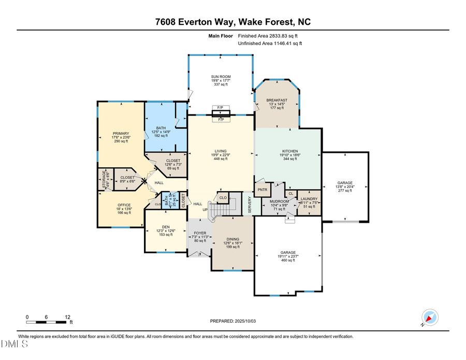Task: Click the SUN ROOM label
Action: pyautogui.click(x=221, y=77)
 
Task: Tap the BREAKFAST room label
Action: pyautogui.click(x=276, y=100)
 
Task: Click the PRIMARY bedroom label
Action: pyautogui.click(x=121, y=133)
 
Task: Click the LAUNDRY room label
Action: pyautogui.click(x=309, y=198)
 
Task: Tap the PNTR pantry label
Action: pyautogui.click(x=262, y=190)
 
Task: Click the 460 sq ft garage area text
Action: pyautogui.click(x=288, y=260)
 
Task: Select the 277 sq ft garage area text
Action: pyautogui.click(x=345, y=191)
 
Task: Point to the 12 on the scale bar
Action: pyautogui.click(x=68, y=316)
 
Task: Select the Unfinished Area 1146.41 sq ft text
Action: pyautogui.click(x=269, y=44)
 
